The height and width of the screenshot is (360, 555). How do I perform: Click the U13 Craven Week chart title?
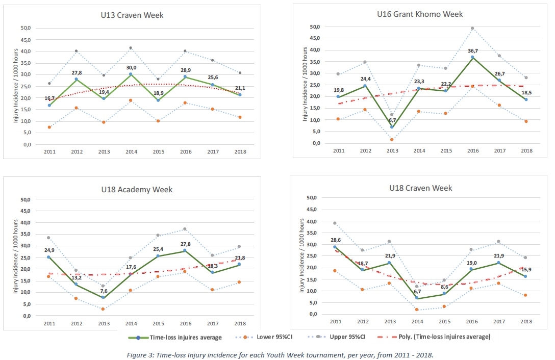[x=132, y=15]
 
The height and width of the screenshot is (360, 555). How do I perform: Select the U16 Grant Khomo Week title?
[x=420, y=14]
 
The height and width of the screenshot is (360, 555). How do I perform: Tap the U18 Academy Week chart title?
[x=136, y=190]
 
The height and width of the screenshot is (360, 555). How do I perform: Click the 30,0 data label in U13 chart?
[x=132, y=66]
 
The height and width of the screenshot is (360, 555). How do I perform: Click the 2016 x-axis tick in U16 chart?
[x=473, y=150]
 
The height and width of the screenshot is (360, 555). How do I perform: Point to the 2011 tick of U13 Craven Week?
[x=49, y=152]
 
